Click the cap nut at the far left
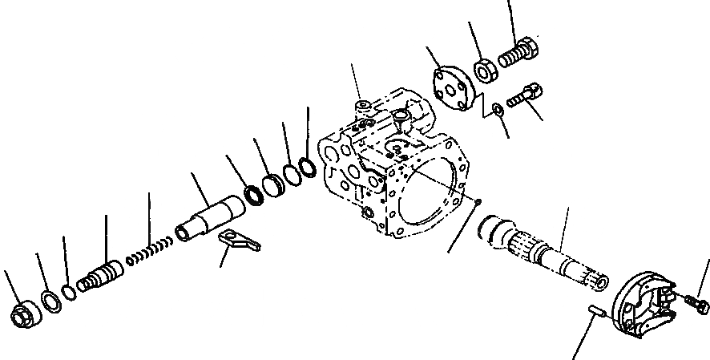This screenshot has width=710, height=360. pyautogui.click(x=22, y=317)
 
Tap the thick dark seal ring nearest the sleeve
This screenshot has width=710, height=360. pyautogui.click(x=253, y=195)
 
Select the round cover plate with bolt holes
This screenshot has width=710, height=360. pyautogui.click(x=452, y=87)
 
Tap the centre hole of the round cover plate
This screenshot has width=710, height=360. pyautogui.click(x=453, y=87)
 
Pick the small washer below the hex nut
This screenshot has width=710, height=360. pyautogui.click(x=499, y=109)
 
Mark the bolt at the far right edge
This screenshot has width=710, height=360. pyautogui.click(x=697, y=303)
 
